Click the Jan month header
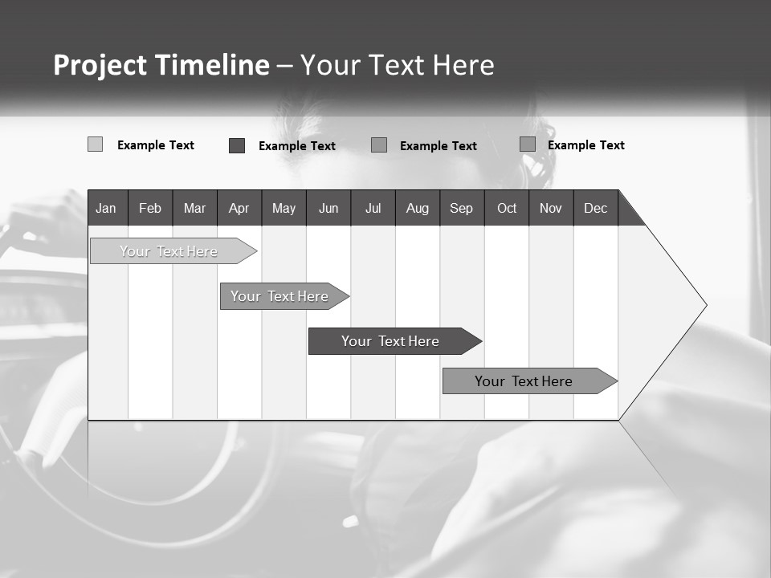point(106,209)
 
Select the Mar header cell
point(194,209)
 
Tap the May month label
point(284,209)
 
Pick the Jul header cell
point(373,209)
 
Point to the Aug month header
point(418,209)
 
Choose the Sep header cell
point(462,209)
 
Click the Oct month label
point(507,209)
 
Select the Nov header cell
point(551,209)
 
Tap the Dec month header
point(596,209)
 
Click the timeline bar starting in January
point(169,251)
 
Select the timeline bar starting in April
point(279,296)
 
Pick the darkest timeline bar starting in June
point(390,341)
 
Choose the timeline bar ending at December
point(524,381)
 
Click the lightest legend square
point(95,144)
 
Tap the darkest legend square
point(237,145)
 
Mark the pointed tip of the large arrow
point(705,305)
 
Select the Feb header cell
point(150,209)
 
